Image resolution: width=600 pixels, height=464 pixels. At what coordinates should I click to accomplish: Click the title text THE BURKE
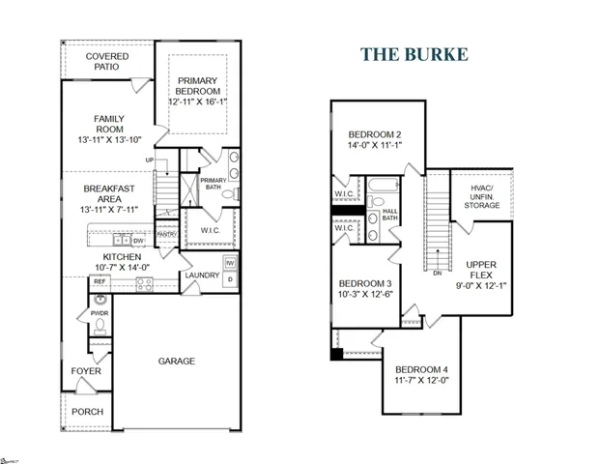tap(414, 53)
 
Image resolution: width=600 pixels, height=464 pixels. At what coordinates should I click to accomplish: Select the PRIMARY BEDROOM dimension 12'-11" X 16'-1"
tap(197, 101)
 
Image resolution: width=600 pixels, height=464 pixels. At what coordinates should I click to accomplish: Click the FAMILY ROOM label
tap(109, 125)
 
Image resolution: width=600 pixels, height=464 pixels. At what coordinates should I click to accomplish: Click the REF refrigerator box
tap(99, 283)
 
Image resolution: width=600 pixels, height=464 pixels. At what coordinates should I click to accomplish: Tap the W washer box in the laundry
tap(230, 263)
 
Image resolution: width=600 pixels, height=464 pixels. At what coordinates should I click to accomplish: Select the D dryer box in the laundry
tap(230, 280)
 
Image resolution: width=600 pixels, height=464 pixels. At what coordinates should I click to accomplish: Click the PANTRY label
tap(166, 233)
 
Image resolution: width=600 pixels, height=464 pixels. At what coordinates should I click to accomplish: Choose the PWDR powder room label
tap(99, 313)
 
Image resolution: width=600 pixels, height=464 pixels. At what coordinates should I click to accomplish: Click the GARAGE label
tap(177, 361)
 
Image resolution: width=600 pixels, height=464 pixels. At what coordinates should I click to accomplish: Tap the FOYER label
tap(86, 371)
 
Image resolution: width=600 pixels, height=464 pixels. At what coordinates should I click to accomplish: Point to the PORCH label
tap(87, 411)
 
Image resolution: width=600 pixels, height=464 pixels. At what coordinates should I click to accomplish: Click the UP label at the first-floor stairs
tap(149, 160)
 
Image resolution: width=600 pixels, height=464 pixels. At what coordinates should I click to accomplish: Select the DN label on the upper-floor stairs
tap(439, 274)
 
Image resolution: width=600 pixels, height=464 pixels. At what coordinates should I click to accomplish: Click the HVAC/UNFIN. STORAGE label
tap(482, 195)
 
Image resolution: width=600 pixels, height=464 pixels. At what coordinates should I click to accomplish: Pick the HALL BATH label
tap(390, 215)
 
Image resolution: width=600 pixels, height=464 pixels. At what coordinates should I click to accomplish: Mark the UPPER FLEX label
tap(480, 270)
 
